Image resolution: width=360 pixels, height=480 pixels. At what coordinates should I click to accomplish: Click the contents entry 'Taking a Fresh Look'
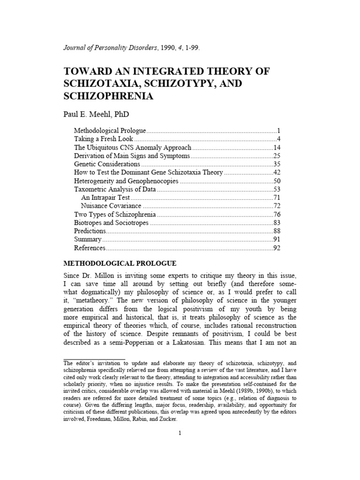pyautogui.click(x=104, y=139)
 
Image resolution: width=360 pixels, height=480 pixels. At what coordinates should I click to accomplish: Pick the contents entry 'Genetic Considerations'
pyautogui.click(x=107, y=164)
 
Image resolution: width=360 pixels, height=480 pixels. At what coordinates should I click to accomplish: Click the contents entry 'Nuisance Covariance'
pyautogui.click(x=111, y=206)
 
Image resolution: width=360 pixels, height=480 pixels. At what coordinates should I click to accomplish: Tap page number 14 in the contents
pyautogui.click(x=276, y=147)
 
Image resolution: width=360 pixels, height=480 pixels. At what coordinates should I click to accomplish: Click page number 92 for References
pyautogui.click(x=276, y=248)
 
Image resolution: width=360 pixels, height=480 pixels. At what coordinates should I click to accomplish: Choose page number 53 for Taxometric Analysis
pyautogui.click(x=276, y=189)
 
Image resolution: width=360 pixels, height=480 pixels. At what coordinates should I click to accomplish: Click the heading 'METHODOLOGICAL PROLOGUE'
pyautogui.click(x=120, y=263)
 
